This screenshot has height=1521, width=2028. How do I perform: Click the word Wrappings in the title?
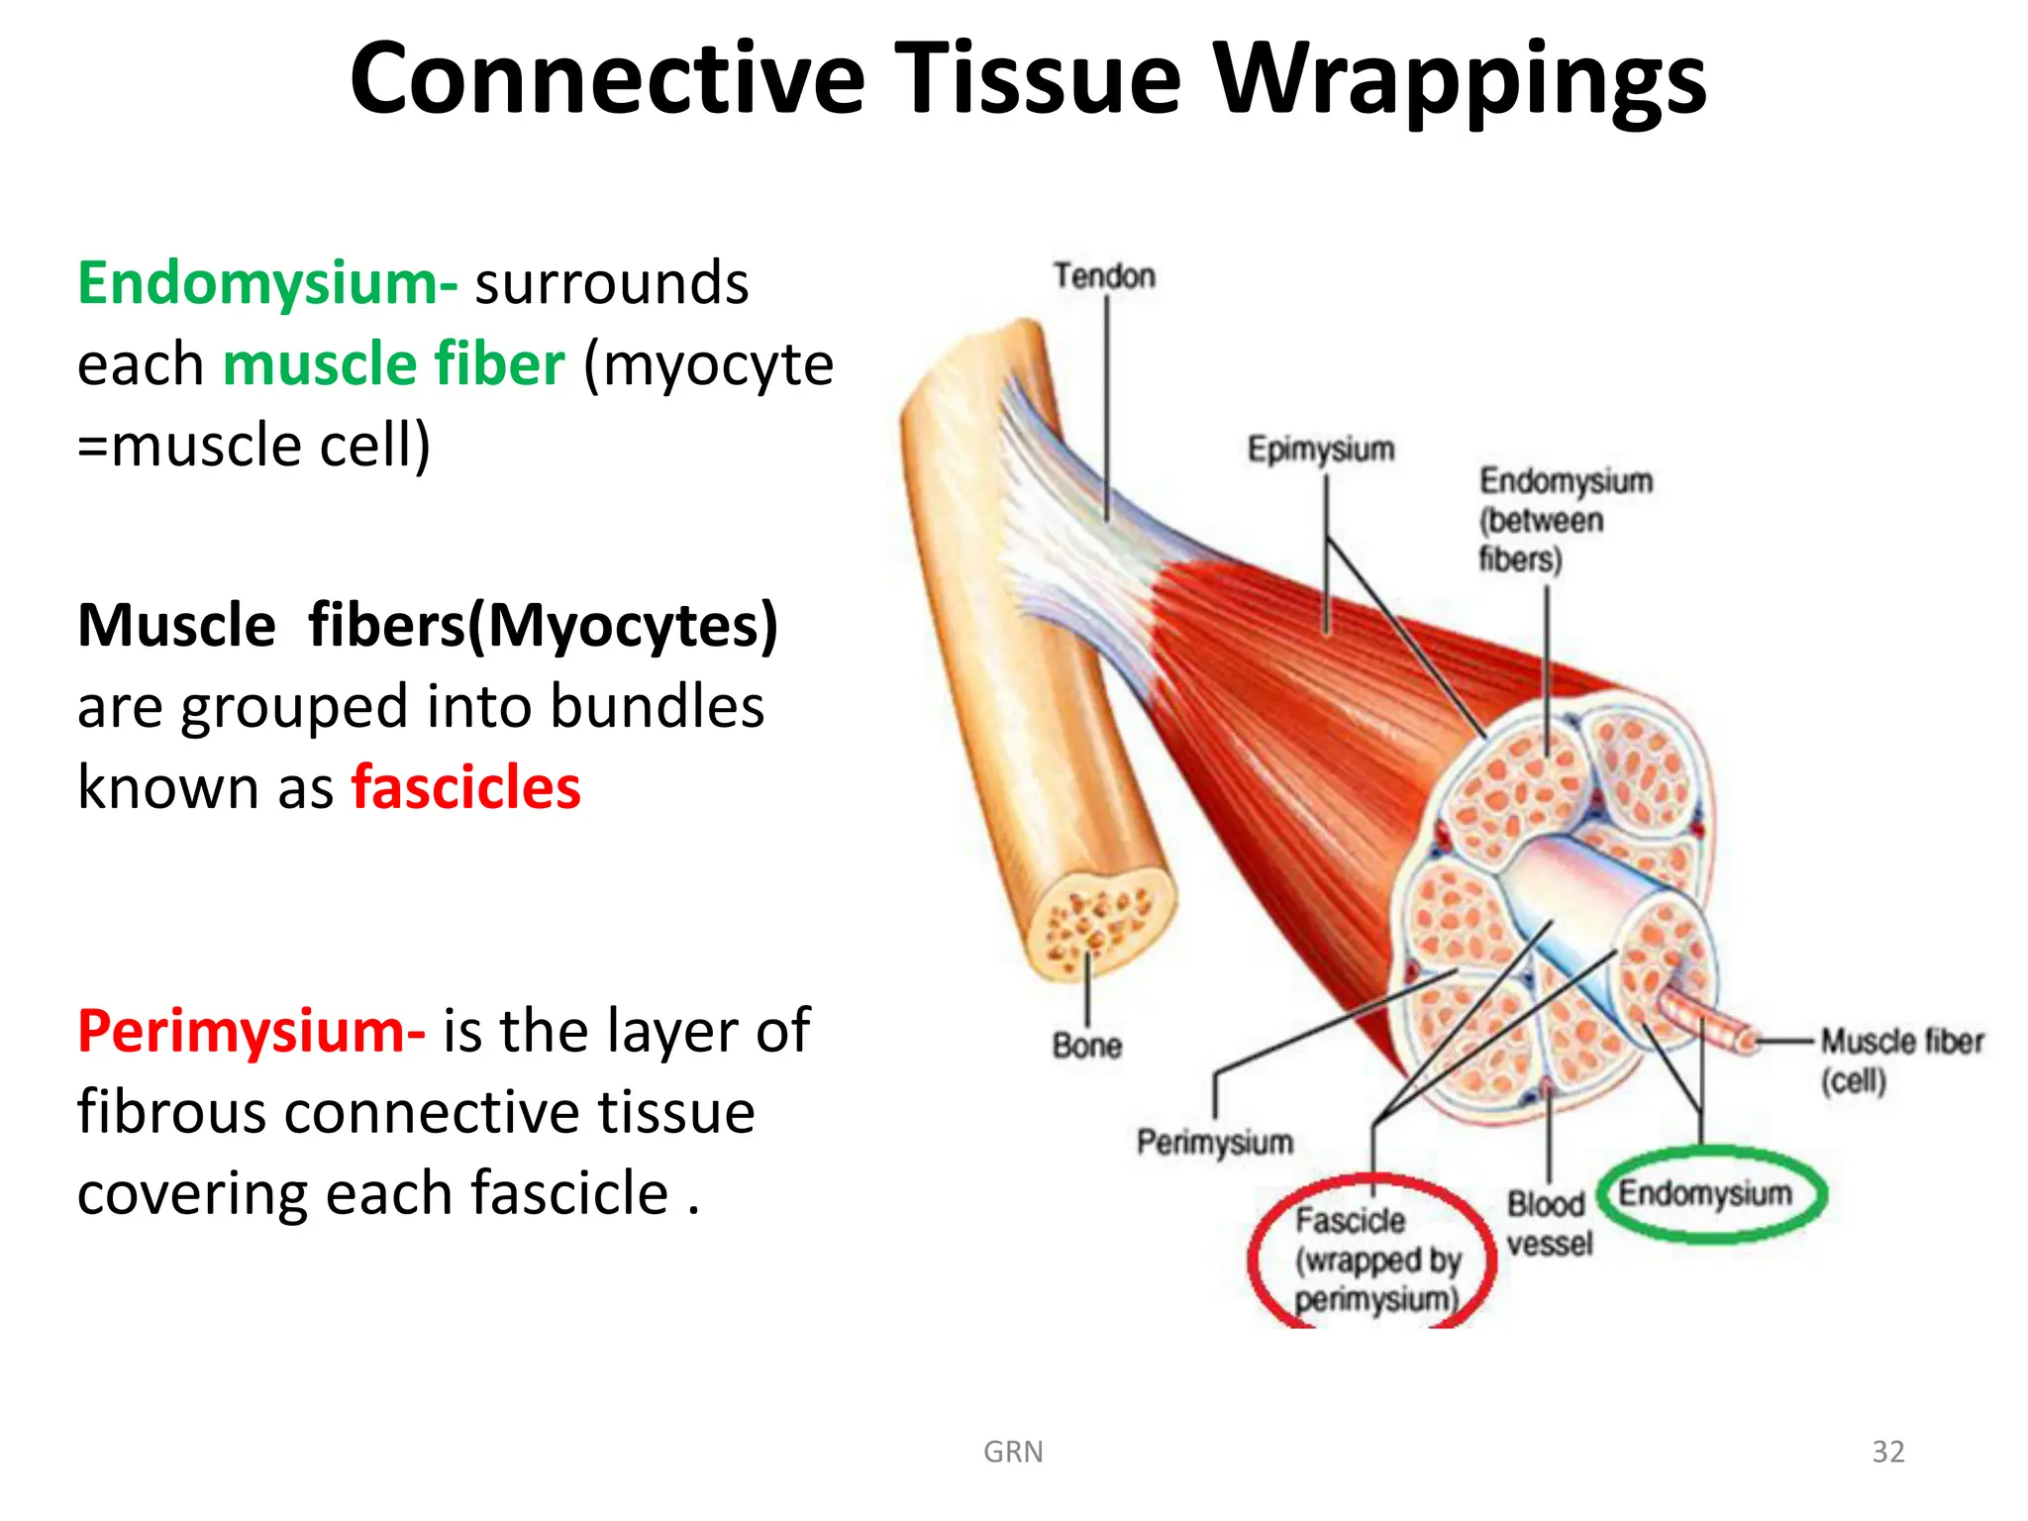coord(1460,79)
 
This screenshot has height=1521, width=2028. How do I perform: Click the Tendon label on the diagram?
coord(1104,275)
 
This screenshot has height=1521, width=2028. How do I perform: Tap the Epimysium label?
coord(1321,449)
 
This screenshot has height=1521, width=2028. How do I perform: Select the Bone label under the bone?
coord(1086,1046)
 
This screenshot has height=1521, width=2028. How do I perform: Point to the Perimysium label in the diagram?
coord(1214,1142)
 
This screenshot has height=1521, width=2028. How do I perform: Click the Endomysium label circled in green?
coord(1704,1193)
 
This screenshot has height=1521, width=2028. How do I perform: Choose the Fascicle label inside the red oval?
coord(1350,1220)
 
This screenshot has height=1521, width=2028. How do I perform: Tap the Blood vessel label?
coord(1549,1224)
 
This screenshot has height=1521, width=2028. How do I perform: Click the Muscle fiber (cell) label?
coord(1901,1060)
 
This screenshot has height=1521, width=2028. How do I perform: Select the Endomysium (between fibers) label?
coord(1565,520)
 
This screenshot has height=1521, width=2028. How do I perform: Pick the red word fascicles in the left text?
coord(465,788)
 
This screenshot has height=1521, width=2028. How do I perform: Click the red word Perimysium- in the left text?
coord(252,1031)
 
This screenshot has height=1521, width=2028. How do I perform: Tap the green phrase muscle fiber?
coord(393,364)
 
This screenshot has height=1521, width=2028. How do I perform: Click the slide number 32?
coord(1887,1452)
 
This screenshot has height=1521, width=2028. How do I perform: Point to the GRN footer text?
coord(1012,1452)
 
